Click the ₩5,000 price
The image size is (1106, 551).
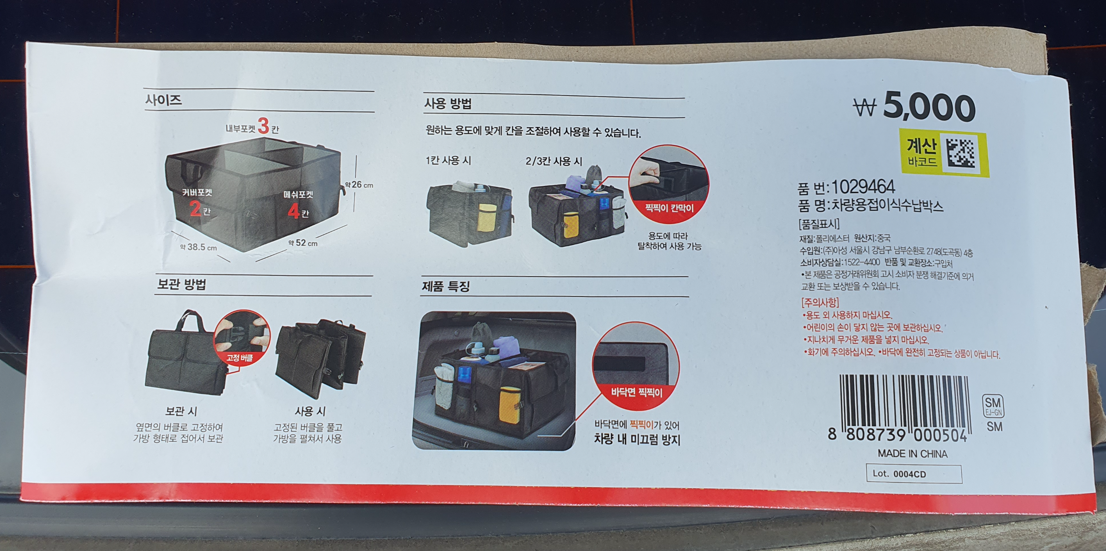[x=914, y=107]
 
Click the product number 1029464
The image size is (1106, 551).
[x=863, y=187]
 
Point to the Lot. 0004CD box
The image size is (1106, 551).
[x=914, y=474]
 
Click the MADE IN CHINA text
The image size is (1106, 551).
[x=913, y=454]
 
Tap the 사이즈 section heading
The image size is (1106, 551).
[x=164, y=100]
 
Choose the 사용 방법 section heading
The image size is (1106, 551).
[x=448, y=104]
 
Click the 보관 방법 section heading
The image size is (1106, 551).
[x=181, y=284]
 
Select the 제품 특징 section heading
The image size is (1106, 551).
[x=446, y=286]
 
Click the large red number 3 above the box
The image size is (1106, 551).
[x=263, y=126]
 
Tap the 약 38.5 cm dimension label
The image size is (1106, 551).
[x=198, y=247]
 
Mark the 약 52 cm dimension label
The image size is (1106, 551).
[x=303, y=243]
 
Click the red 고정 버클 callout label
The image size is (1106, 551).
[x=240, y=358]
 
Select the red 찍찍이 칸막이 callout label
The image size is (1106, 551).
[x=669, y=209]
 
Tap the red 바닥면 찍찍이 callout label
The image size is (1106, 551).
[x=636, y=392]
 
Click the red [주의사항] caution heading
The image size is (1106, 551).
[x=820, y=303]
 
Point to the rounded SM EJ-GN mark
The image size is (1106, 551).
[x=993, y=406]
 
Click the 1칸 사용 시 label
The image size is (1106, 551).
[x=448, y=160]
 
